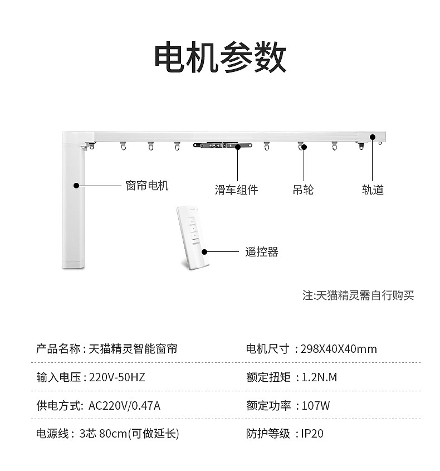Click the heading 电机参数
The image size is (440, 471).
pyautogui.click(x=221, y=57)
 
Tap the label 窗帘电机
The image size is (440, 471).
pyautogui.click(x=147, y=186)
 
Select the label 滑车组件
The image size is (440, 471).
pyautogui.click(x=236, y=190)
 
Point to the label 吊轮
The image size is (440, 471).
pyautogui.click(x=303, y=190)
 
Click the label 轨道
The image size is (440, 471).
pyautogui.click(x=373, y=190)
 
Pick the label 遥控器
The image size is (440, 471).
pyautogui.click(x=261, y=252)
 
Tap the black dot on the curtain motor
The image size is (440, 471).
pyautogui.click(x=76, y=186)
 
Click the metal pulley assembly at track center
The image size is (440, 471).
pyautogui.click(x=222, y=145)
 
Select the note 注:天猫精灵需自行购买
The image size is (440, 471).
pyautogui.click(x=358, y=295)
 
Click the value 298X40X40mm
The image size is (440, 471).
pyautogui.click(x=339, y=349)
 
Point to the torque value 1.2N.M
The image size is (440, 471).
pyautogui.click(x=319, y=377)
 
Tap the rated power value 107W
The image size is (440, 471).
pyautogui.click(x=315, y=406)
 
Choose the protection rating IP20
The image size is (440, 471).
pyautogui.click(x=312, y=434)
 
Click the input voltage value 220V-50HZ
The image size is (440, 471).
pyautogui.click(x=117, y=377)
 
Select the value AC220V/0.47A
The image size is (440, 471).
pyautogui.click(x=124, y=406)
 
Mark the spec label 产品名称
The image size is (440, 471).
pyautogui.click(x=58, y=349)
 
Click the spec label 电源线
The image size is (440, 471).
pyautogui.click(x=52, y=434)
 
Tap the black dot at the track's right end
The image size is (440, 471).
pyautogui.click(x=373, y=137)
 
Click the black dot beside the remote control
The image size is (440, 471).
pyautogui.click(x=204, y=252)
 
